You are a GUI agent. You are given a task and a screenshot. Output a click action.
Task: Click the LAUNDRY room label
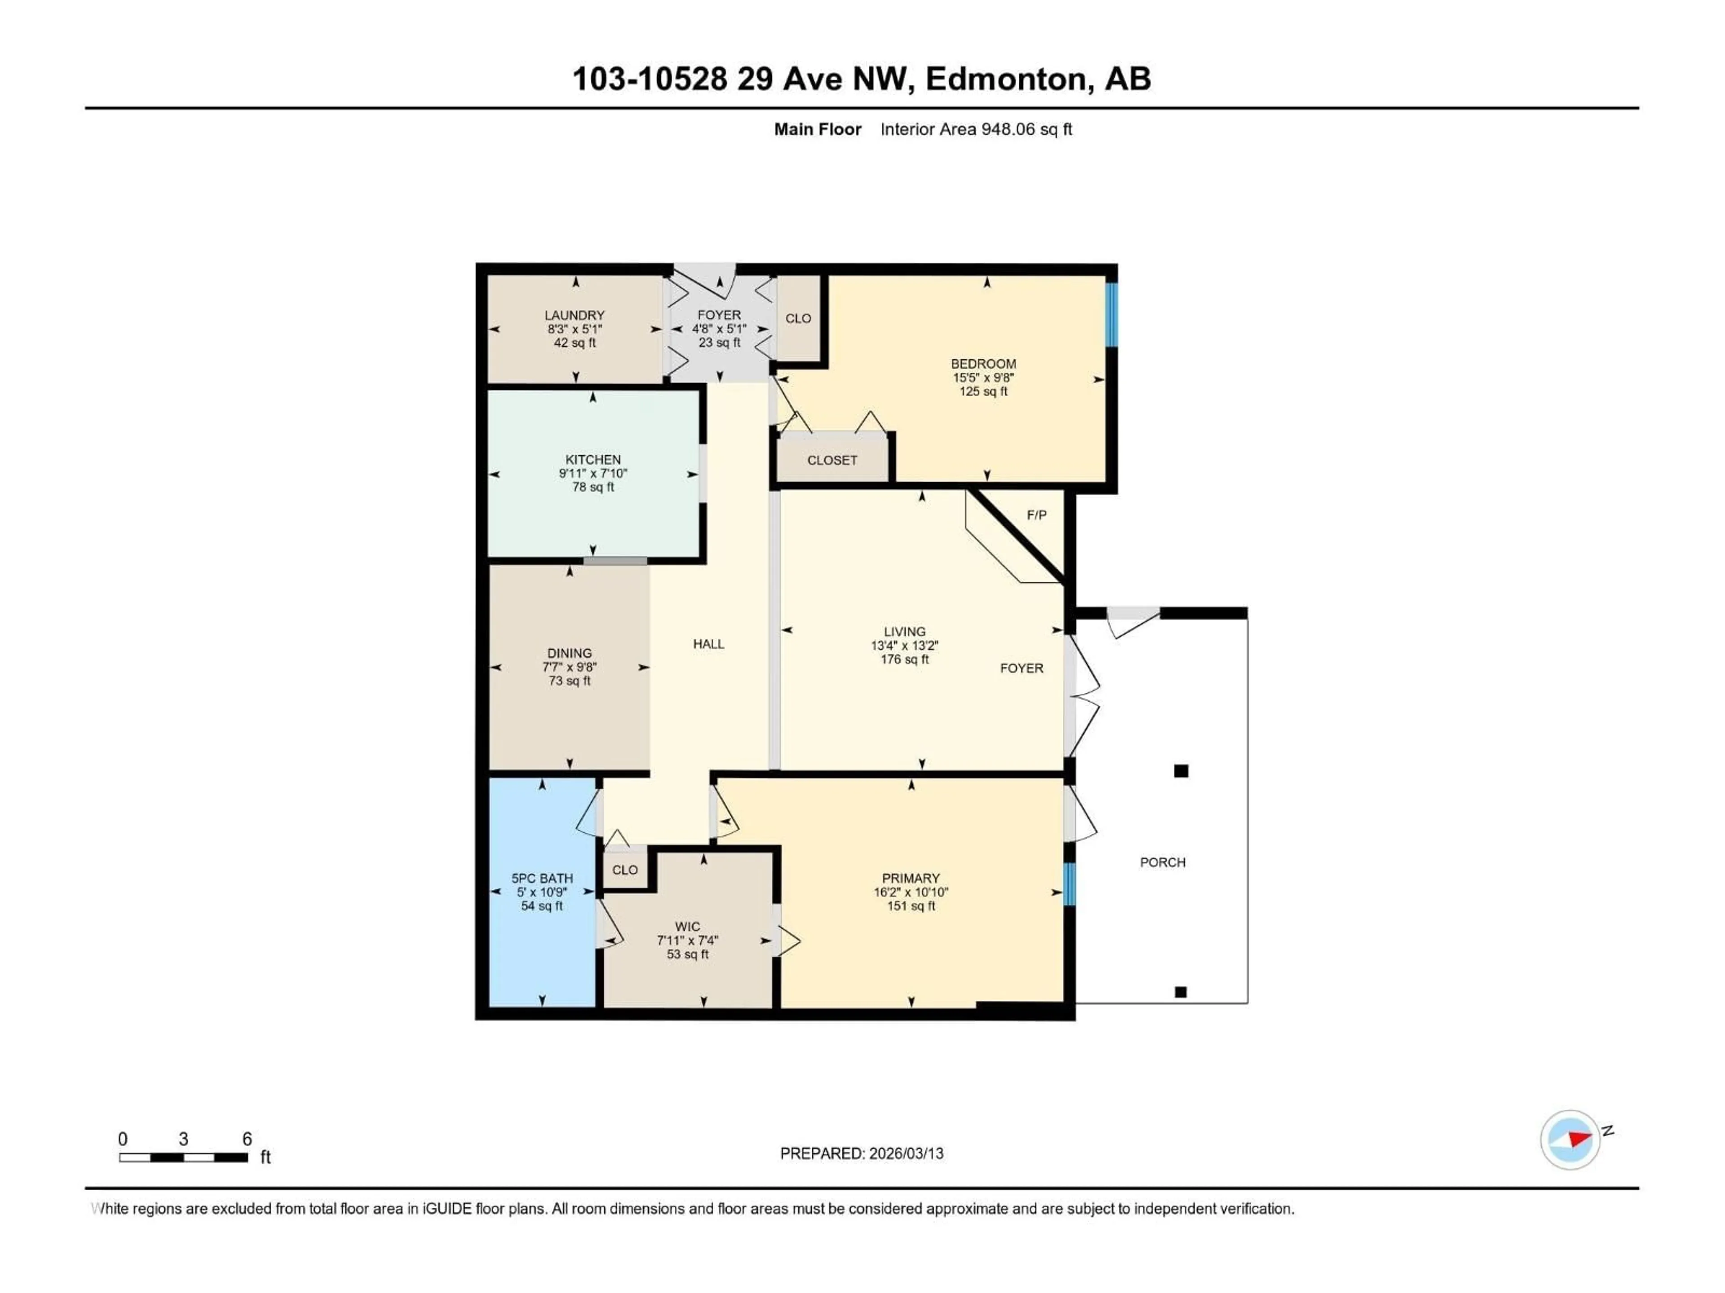coord(574,315)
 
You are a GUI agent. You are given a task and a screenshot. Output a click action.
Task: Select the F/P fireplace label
coord(1036,515)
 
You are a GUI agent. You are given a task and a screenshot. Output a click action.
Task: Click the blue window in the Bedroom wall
coord(1112,314)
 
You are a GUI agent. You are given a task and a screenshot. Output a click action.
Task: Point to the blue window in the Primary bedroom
coord(1070,884)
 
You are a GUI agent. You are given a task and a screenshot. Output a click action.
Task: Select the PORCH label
coord(1162,862)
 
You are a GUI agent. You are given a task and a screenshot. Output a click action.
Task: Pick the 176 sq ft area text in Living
coord(905,660)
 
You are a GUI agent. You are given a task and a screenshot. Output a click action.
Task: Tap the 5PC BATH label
coord(542,878)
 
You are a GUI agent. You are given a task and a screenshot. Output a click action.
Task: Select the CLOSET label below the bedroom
coord(832,461)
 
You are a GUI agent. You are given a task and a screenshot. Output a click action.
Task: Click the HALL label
coord(708,644)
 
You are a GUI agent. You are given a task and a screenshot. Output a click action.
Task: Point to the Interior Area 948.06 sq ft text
coord(976,129)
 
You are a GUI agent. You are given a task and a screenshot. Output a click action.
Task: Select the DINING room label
coord(569,653)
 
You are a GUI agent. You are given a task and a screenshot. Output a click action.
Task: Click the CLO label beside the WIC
coord(625,870)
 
